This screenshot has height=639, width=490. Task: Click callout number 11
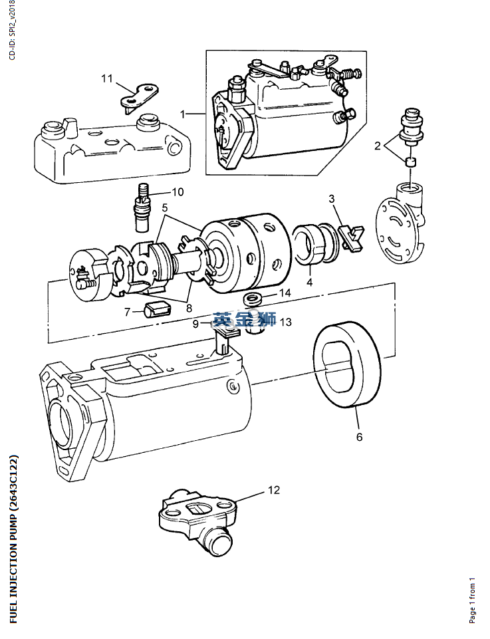click(107, 78)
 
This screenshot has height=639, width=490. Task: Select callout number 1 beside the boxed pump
click(182, 114)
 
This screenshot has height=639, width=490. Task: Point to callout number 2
click(377, 146)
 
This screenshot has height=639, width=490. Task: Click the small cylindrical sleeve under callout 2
click(411, 162)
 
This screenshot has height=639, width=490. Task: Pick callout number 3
click(332, 199)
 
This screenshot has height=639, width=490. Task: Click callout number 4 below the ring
click(310, 282)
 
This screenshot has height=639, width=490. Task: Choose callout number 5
click(165, 208)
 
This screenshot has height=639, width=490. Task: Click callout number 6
click(359, 437)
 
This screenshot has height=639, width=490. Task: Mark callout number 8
click(189, 308)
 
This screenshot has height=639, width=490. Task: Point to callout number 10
click(178, 192)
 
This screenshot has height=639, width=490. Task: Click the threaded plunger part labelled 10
click(142, 207)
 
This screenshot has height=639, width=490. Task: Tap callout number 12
click(274, 490)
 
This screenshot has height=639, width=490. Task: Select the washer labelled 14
click(252, 299)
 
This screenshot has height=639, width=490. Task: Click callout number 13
click(285, 322)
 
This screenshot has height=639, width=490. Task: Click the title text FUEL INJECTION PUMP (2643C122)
click(13, 539)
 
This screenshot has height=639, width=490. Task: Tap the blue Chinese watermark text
click(245, 319)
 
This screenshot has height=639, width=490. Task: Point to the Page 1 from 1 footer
click(473, 600)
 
